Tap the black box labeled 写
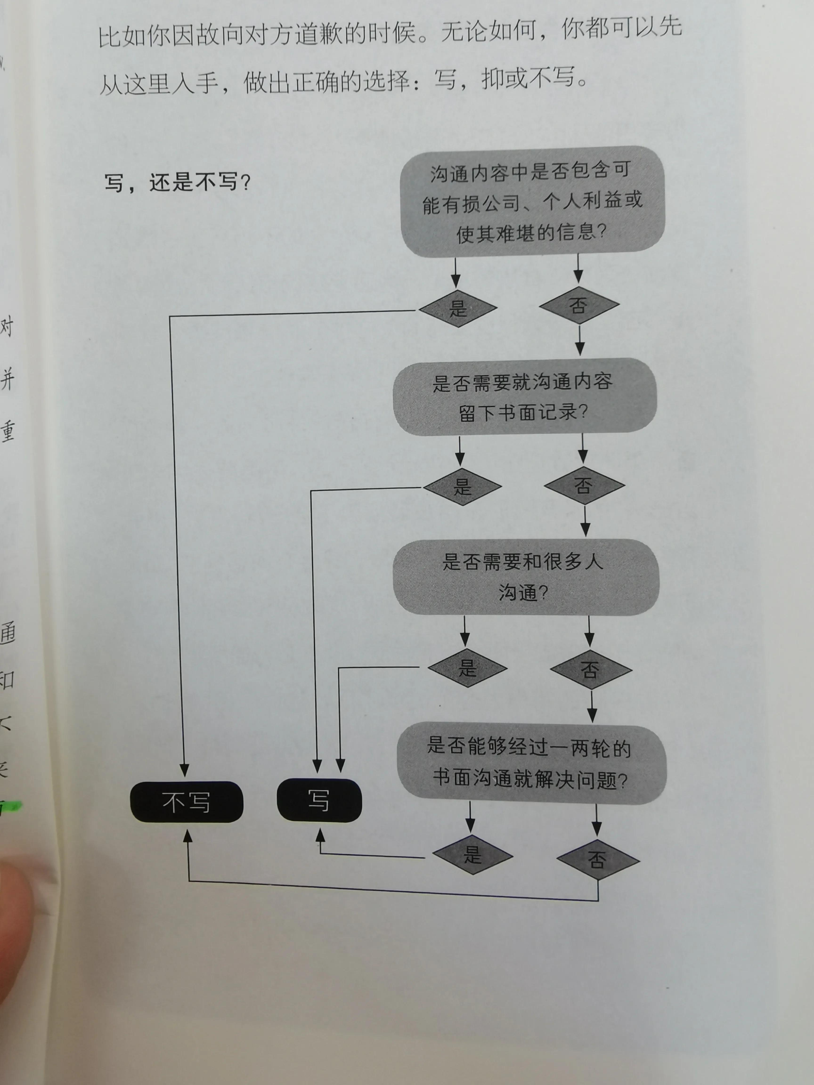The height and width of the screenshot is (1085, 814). tap(319, 801)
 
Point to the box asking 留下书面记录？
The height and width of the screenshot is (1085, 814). tap(524, 397)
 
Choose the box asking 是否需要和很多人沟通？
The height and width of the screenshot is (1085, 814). tap(525, 577)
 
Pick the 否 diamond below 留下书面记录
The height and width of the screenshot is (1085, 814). tap(584, 486)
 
